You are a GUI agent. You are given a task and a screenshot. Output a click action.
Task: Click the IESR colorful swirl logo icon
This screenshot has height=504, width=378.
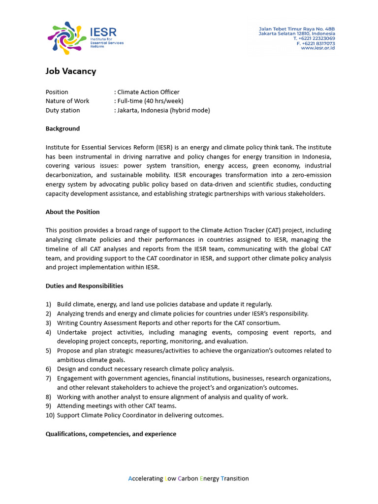click(66, 38)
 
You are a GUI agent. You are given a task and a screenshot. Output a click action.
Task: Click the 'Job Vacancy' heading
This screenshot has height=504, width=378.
click(71, 71)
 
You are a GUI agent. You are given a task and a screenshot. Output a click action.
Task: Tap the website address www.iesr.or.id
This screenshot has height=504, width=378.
click(317, 48)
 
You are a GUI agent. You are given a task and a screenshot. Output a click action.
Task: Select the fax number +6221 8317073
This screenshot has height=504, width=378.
click(315, 43)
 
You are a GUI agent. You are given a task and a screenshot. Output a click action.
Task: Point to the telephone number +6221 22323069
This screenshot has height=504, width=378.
click(314, 38)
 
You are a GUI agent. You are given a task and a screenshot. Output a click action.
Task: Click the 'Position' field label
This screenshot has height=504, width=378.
click(57, 92)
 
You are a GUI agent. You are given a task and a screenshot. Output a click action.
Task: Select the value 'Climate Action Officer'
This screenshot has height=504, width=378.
click(148, 92)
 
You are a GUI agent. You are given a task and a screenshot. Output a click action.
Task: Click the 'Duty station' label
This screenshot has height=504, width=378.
click(63, 110)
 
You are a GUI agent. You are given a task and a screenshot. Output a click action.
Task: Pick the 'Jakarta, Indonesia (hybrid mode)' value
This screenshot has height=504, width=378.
click(163, 110)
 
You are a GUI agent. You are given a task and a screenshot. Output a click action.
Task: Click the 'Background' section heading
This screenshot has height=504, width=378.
click(63, 128)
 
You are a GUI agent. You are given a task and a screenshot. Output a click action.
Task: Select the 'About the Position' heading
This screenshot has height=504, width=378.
click(72, 212)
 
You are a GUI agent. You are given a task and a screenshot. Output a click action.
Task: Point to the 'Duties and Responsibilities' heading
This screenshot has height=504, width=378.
click(84, 286)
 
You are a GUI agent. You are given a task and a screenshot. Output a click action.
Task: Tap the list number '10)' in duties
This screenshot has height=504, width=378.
click(50, 415)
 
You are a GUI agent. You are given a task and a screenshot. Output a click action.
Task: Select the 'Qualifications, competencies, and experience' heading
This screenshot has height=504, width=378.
click(111, 434)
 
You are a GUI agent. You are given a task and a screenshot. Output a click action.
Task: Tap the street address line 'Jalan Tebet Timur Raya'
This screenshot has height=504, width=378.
click(297, 29)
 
